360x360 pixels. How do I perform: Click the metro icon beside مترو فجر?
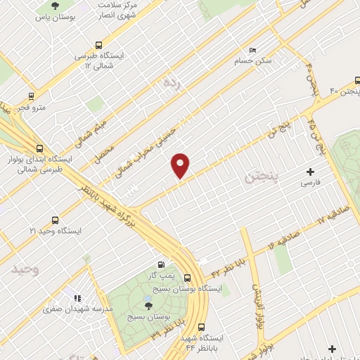31,96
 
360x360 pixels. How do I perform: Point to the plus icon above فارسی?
311,172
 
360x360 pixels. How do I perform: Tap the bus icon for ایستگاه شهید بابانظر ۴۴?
202,327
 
